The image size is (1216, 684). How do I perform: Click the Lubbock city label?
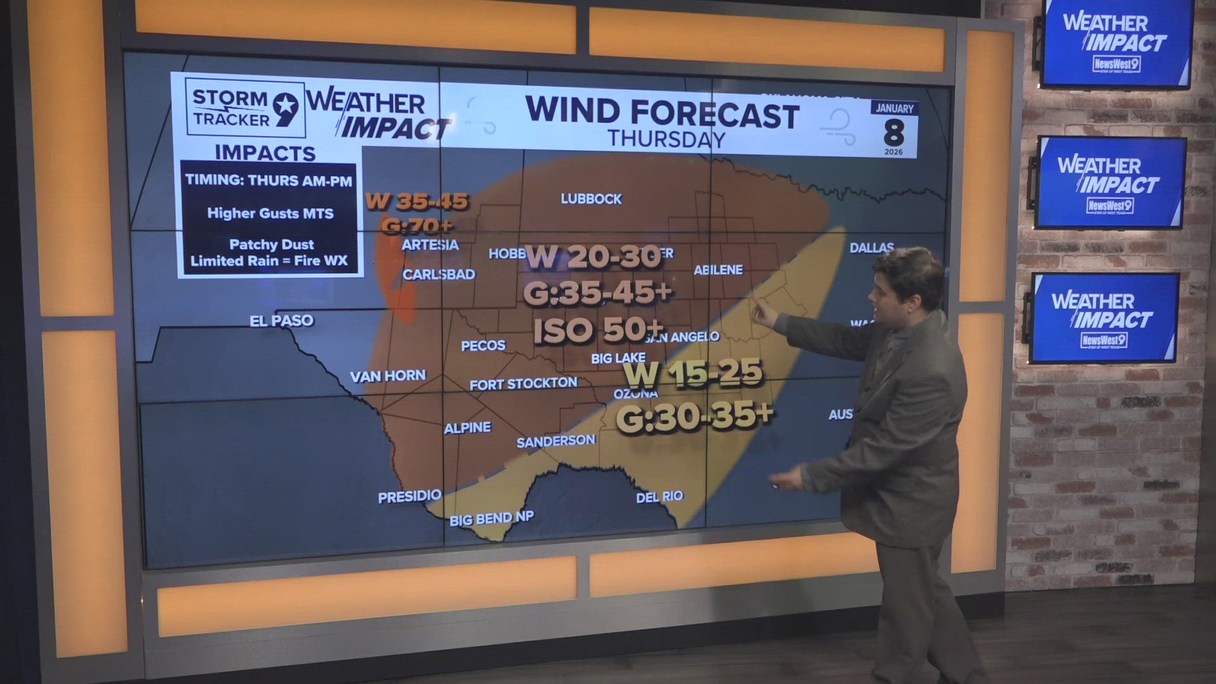(591, 199)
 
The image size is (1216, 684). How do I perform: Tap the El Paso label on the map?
(281, 320)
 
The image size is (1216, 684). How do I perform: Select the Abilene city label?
(718, 270)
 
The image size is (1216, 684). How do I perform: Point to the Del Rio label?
(659, 497)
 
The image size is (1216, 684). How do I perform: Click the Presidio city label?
(409, 497)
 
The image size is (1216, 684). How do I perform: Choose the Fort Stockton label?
(523, 384)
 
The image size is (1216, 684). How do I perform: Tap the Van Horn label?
(388, 376)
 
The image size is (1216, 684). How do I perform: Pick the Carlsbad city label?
(438, 275)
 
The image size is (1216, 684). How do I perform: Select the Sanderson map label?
(556, 441)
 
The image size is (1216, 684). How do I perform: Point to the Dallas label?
(871, 248)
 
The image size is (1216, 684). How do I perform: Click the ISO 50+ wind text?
(598, 330)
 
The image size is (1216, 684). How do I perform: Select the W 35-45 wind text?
(417, 202)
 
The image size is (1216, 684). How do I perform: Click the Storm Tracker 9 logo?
(245, 108)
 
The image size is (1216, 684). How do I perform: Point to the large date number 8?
(894, 132)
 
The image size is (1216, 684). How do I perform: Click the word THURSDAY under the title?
(666, 139)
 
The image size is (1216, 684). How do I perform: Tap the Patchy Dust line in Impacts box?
(271, 244)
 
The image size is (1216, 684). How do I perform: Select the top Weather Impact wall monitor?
(1116, 43)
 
